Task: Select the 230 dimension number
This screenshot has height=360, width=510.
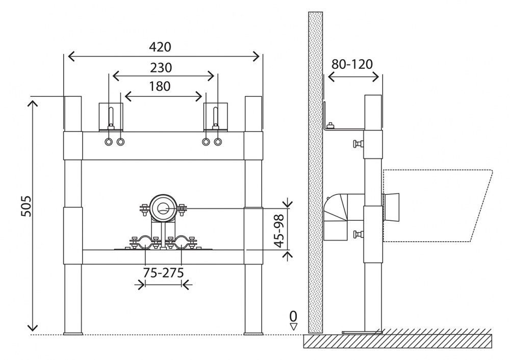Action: tap(161, 67)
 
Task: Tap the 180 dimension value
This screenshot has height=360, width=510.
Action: tap(160, 86)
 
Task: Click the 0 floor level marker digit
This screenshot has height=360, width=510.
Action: tap(293, 315)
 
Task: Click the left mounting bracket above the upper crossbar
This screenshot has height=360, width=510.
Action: tap(111, 116)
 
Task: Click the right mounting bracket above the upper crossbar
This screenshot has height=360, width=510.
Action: tap(215, 116)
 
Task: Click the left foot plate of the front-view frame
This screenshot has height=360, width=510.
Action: tap(73, 334)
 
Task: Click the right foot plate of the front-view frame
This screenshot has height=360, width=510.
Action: tap(253, 334)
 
